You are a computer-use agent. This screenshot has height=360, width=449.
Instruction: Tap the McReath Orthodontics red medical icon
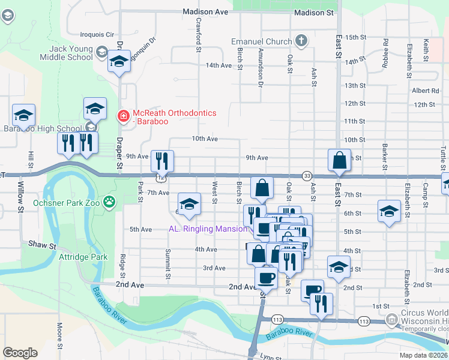[123, 114]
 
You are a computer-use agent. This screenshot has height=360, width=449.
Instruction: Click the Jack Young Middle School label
[62, 52]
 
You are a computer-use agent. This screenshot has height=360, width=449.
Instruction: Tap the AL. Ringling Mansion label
[208, 229]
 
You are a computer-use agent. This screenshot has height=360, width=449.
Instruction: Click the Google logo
[20, 353]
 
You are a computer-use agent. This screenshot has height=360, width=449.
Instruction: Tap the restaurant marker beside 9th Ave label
[162, 161]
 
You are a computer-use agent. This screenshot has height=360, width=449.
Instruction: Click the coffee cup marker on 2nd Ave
[267, 278]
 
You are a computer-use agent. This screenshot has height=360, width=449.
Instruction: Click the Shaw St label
[42, 245]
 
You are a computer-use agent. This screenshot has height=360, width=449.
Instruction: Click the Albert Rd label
[426, 91]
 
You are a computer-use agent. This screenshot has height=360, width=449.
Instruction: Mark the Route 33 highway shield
[307, 175]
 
